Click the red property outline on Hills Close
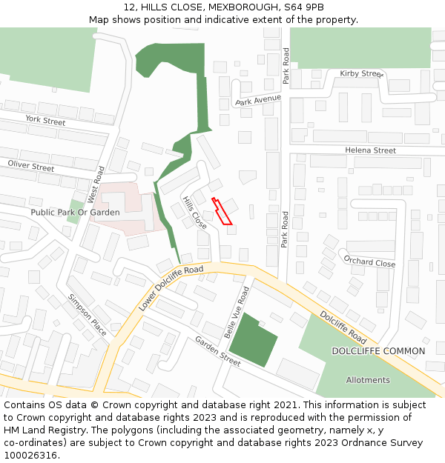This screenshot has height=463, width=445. pyautogui.click(x=222, y=212)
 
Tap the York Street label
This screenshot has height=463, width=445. pyautogui.click(x=45, y=120)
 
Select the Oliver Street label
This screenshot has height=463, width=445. pyautogui.click(x=31, y=166)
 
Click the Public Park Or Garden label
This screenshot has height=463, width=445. pyautogui.click(x=75, y=213)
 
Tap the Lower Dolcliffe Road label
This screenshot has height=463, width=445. pyautogui.click(x=171, y=287)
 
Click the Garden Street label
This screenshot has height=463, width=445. pyautogui.click(x=218, y=351)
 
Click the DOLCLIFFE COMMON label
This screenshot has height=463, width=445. pyautogui.click(x=378, y=351)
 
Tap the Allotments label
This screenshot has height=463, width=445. pyautogui.click(x=368, y=380)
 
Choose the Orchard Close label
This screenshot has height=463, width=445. pyautogui.click(x=369, y=262)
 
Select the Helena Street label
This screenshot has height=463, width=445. pyautogui.click(x=370, y=150)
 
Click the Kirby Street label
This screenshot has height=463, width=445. pyautogui.click(x=361, y=74)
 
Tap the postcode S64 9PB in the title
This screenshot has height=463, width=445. pyautogui.click(x=303, y=7)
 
